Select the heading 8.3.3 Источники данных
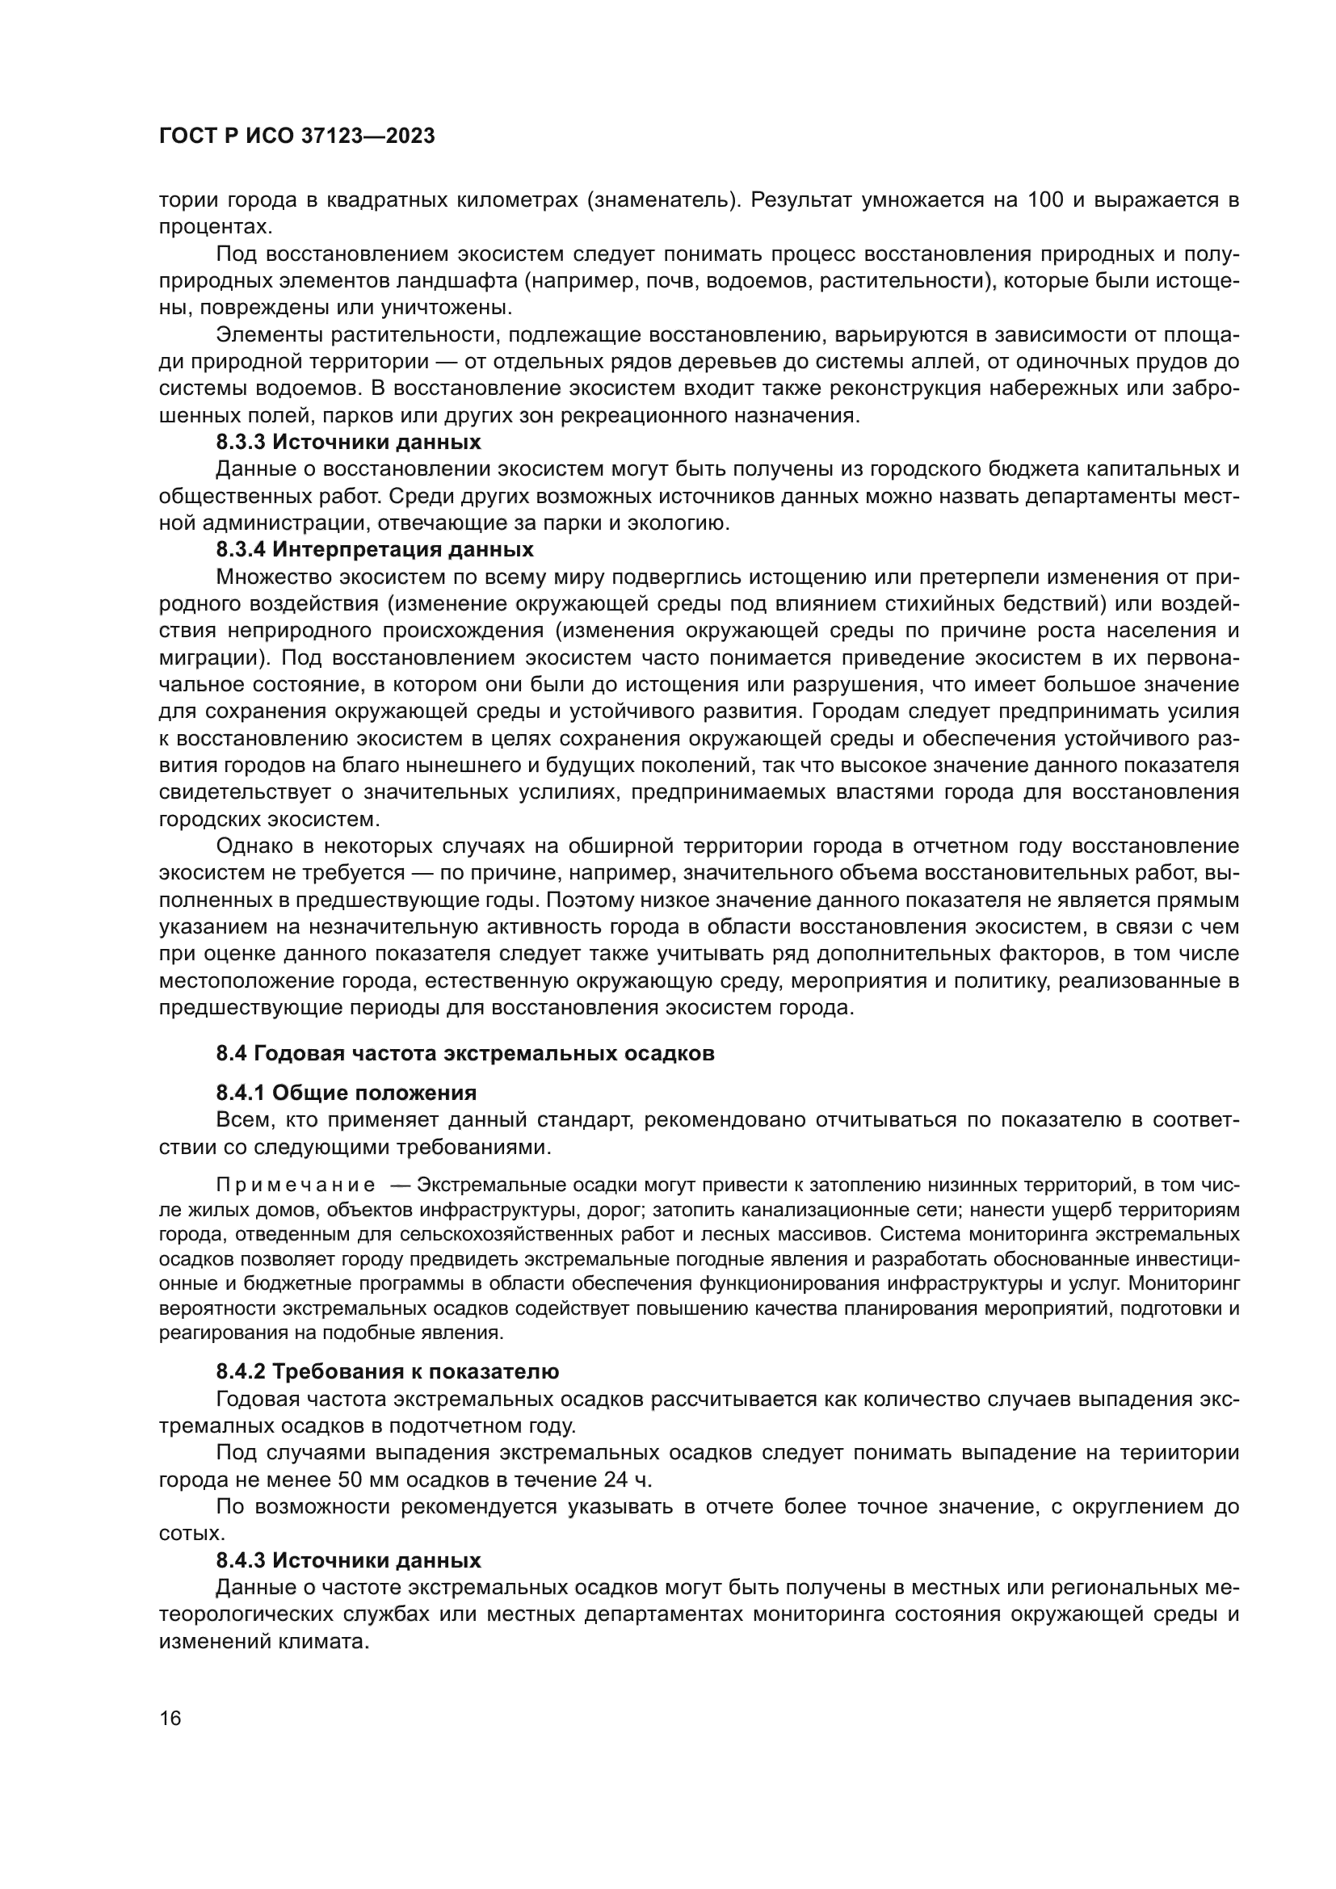(348, 442)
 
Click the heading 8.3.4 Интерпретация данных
(374, 548)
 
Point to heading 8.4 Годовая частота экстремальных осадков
(464, 1054)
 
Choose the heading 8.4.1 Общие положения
(346, 1093)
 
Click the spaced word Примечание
(296, 1186)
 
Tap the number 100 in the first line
(1045, 200)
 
